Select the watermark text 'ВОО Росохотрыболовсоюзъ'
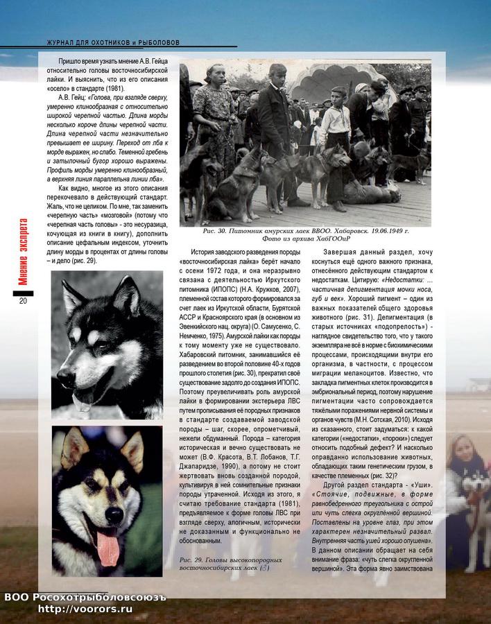[x=85, y=597]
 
